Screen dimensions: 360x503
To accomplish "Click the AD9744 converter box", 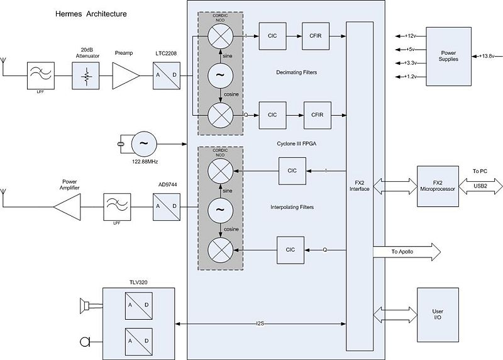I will click(167, 206).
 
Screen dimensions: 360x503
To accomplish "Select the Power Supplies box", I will click(448, 56).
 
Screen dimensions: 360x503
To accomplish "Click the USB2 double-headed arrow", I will click(480, 186).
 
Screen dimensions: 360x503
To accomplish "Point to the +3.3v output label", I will click(409, 63).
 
